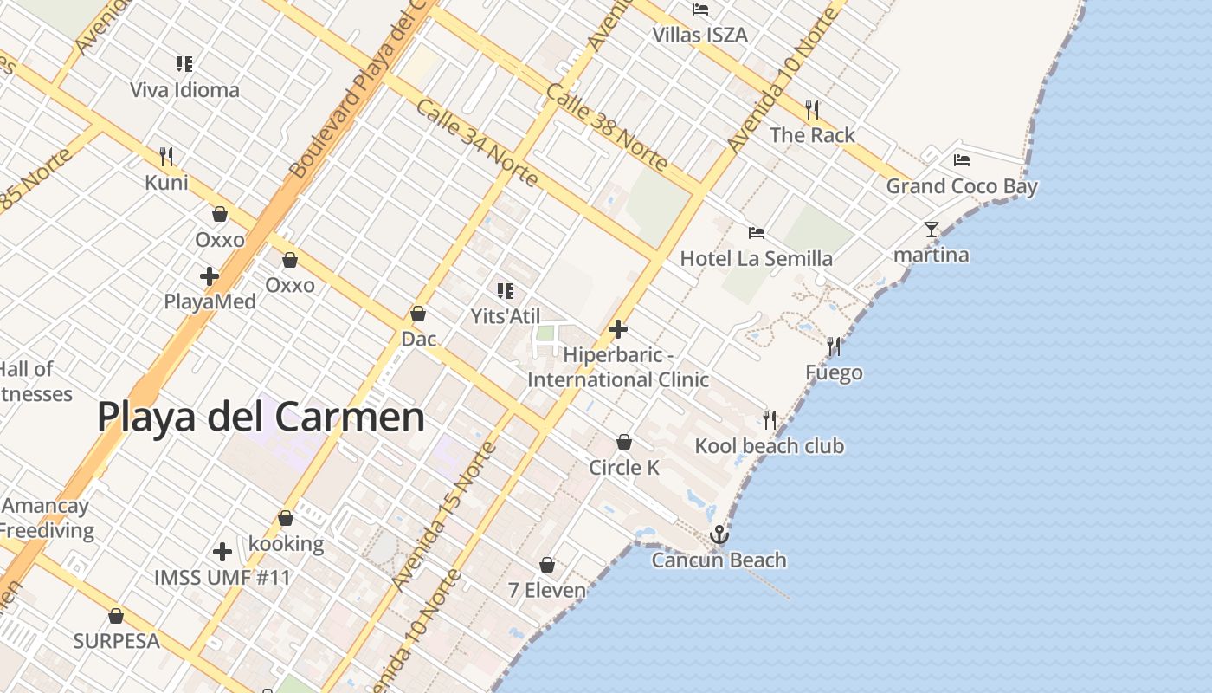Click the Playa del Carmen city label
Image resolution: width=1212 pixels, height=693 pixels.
coord(261,417)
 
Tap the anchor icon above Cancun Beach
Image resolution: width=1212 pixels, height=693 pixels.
coord(719,535)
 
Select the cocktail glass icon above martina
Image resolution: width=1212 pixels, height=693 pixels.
coord(932,230)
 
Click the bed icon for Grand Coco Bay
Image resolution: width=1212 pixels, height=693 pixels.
coord(962,160)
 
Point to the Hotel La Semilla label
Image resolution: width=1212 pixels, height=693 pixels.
coord(756,258)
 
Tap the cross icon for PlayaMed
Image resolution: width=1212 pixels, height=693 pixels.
coord(210,276)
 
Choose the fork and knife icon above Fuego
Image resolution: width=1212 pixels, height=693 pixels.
coord(834,346)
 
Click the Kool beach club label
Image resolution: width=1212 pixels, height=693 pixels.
coord(769,446)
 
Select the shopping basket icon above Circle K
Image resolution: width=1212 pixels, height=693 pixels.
coord(624,442)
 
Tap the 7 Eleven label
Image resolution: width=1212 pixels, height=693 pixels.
coord(546,591)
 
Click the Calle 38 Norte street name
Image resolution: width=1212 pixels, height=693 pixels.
coord(607,127)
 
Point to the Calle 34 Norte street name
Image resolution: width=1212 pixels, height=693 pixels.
coord(477,143)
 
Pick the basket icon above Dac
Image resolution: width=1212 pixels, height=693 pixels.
coord(418,314)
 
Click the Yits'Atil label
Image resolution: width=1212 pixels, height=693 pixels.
coord(506,316)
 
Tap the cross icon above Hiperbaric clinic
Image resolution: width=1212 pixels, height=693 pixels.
coord(618,329)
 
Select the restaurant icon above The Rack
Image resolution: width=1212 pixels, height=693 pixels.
coord(812,109)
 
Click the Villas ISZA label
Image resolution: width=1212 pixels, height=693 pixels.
coord(699,36)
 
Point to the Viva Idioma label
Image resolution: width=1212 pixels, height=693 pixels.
coord(184,90)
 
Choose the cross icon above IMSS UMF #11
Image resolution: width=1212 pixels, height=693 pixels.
coord(222,551)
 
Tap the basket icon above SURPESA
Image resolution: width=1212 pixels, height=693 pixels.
coord(116,616)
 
